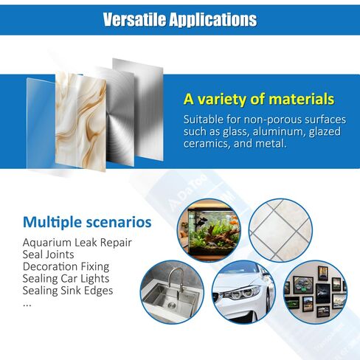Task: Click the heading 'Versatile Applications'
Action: click(x=180, y=20)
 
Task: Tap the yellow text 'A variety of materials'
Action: click(x=259, y=99)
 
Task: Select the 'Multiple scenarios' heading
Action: click(x=87, y=222)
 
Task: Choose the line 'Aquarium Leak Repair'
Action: click(x=77, y=243)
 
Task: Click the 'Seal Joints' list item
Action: click(x=48, y=255)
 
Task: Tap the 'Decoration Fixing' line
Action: click(x=66, y=266)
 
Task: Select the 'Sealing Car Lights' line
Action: click(x=66, y=279)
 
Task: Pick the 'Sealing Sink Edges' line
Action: click(x=68, y=291)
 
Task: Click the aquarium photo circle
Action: click(x=210, y=230)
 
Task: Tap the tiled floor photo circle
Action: click(x=280, y=230)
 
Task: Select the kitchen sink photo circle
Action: click(x=172, y=292)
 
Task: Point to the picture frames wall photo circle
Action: click(x=316, y=292)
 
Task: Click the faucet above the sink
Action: click(x=176, y=279)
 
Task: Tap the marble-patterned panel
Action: click(x=80, y=121)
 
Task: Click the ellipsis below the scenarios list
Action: click(x=27, y=305)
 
